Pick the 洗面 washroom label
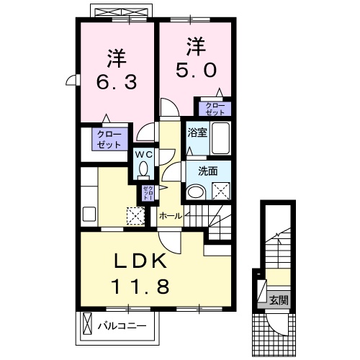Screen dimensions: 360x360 [x=198, y=171]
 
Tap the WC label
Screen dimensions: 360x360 [x=143, y=153]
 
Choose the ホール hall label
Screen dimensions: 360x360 [x=170, y=215]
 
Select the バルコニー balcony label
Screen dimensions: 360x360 [x=122, y=325]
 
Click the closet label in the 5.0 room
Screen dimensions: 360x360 [x=215, y=109]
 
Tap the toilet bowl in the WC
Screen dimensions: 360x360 [x=143, y=170]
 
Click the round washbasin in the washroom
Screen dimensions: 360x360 [x=195, y=192]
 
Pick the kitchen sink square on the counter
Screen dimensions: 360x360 [x=90, y=214]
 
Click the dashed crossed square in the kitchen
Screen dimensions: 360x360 [x=135, y=216]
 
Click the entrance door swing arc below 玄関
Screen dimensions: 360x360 [x=277, y=322]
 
